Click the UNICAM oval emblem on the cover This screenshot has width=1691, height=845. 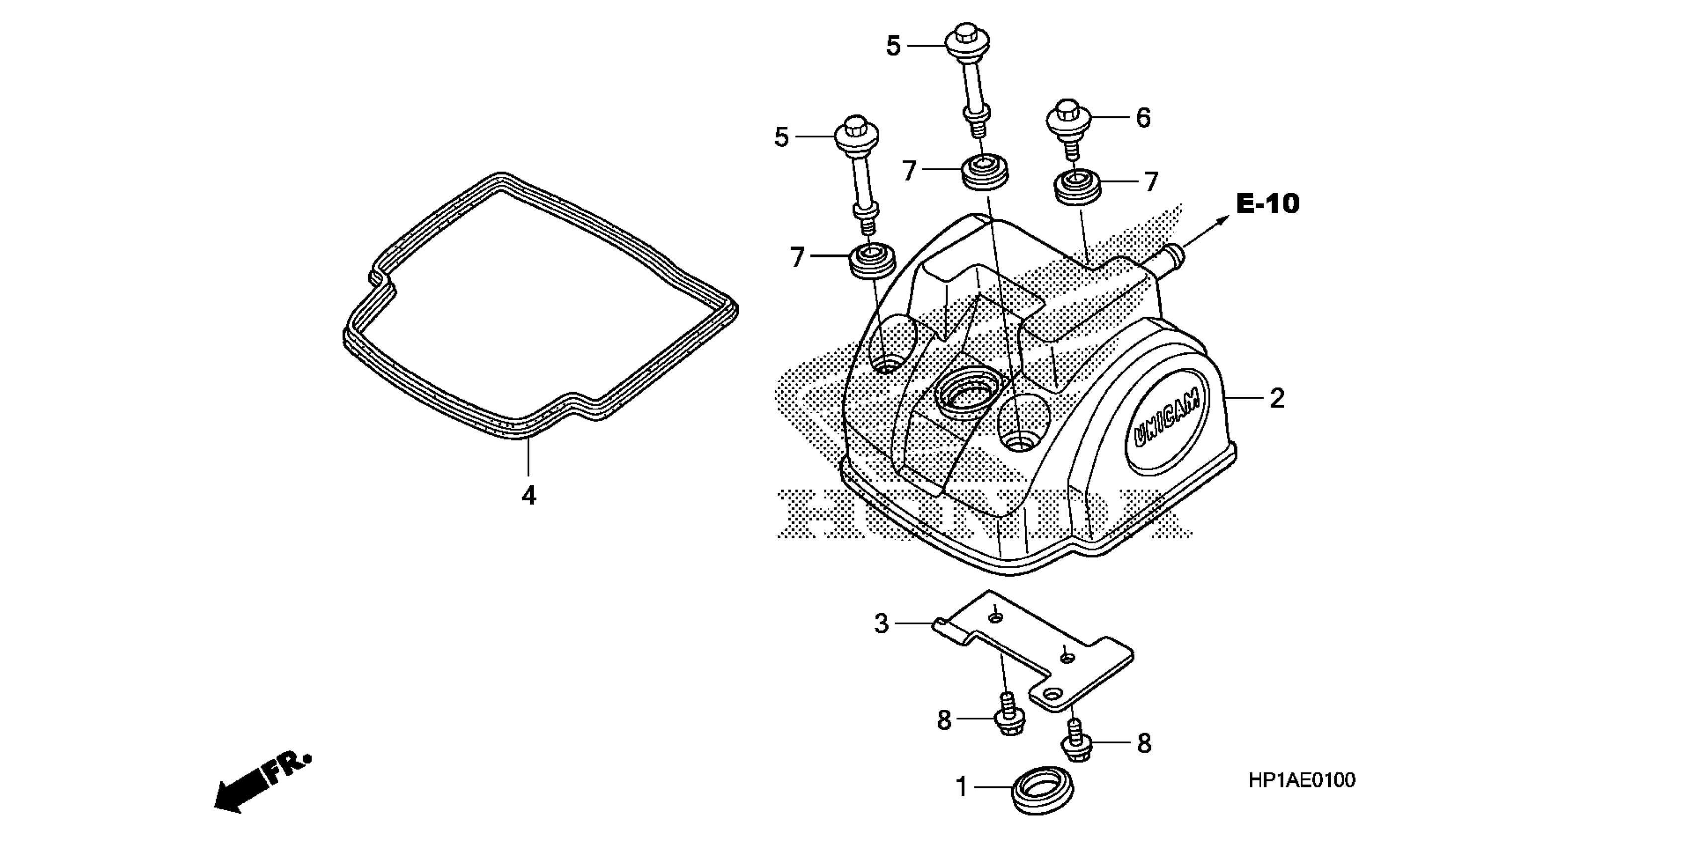pyautogui.click(x=1168, y=425)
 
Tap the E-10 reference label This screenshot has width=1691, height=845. pyautogui.click(x=1267, y=204)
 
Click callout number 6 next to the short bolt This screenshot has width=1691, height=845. pyautogui.click(x=1143, y=118)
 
